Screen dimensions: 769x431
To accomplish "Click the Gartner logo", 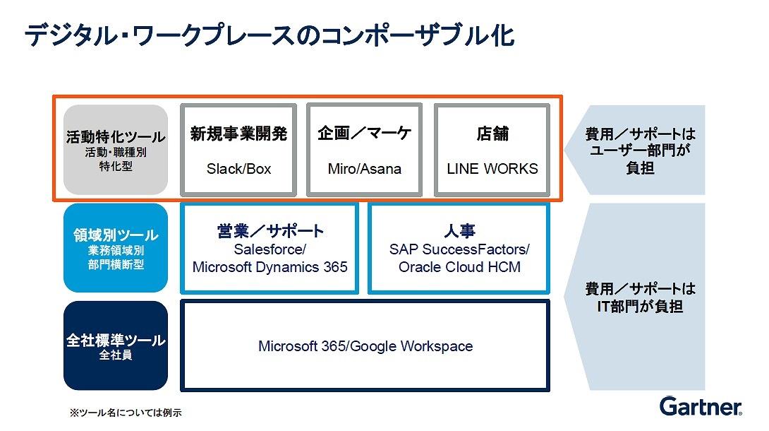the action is click(701, 406).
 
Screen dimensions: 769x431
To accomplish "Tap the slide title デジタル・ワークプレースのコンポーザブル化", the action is click(270, 35).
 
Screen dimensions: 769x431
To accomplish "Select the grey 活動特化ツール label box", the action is click(116, 150).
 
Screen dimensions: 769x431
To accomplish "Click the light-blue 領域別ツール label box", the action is click(116, 248).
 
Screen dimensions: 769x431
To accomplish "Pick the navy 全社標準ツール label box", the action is click(116, 346).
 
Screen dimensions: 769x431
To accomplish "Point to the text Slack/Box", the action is click(239, 169).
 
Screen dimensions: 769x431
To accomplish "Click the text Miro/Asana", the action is click(364, 169).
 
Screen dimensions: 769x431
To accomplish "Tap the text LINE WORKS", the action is click(492, 169).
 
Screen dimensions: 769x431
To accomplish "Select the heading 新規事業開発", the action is click(239, 134).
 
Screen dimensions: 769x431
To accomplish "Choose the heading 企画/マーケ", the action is click(364, 133).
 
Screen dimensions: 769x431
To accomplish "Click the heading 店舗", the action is click(492, 134).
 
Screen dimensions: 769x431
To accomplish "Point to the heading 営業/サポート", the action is click(270, 231).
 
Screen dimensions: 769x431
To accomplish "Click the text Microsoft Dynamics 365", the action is click(270, 267).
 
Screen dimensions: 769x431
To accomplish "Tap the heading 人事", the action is click(459, 231).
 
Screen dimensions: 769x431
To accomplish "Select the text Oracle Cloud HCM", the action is click(459, 267).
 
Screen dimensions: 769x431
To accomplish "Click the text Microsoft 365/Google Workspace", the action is click(365, 347).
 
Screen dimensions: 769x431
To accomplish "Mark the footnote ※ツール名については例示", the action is click(126, 413).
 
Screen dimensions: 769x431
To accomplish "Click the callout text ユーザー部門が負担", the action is click(640, 159).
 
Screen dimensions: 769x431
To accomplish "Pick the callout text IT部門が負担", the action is click(640, 307).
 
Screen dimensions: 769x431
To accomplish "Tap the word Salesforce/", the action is click(270, 249).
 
